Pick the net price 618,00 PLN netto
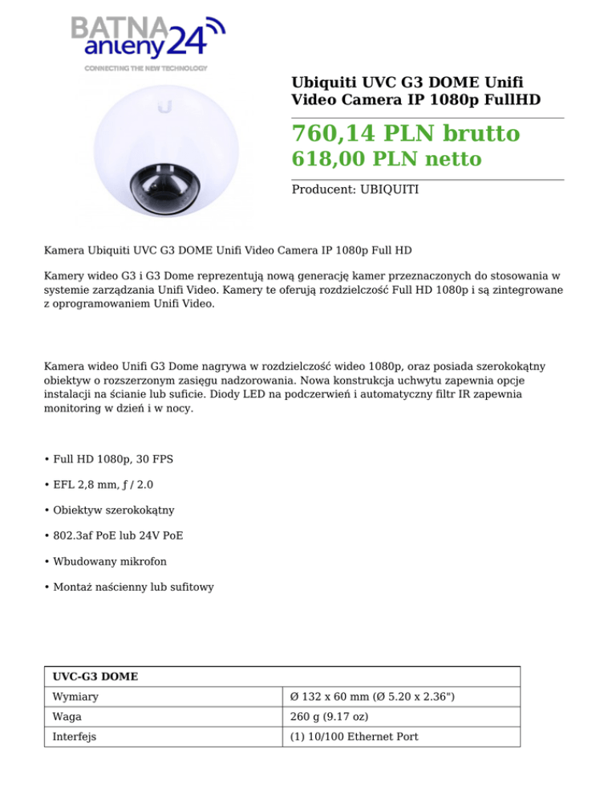click(386, 159)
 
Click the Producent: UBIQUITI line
click(355, 190)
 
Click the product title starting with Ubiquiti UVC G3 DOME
click(415, 91)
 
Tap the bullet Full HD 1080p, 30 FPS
click(113, 459)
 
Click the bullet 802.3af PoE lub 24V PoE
click(120, 535)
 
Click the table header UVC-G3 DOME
click(95, 677)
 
